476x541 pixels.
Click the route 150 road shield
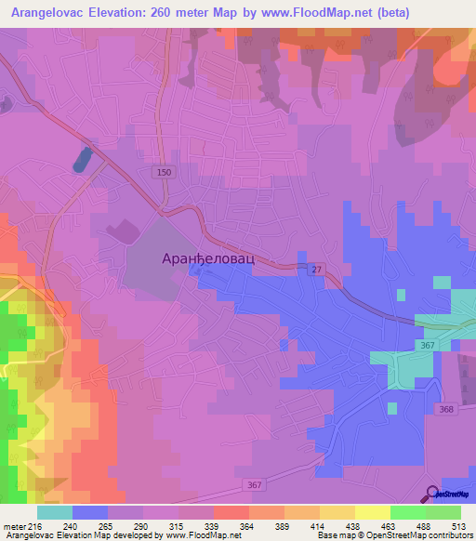click(164, 172)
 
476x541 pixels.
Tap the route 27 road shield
click(317, 270)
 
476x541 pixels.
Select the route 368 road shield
click(447, 410)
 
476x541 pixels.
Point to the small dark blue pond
click(81, 158)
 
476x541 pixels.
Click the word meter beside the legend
click(15, 525)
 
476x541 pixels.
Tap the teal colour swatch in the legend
click(55, 512)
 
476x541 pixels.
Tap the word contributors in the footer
click(451, 535)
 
